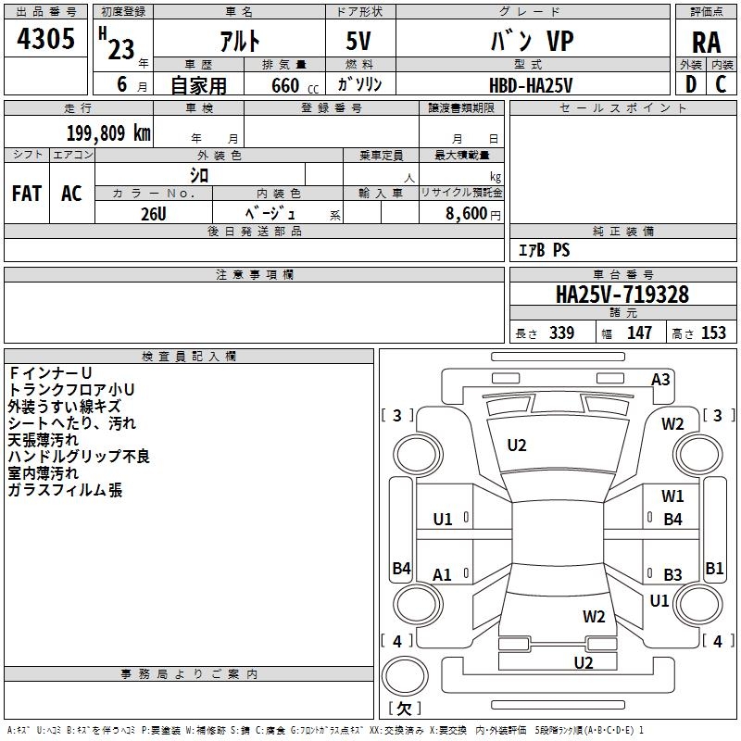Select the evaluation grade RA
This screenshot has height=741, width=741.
pos(706,43)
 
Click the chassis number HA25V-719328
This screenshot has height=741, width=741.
pos(622,295)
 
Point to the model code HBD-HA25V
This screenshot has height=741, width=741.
pos(531,84)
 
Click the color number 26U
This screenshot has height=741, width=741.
pos(153,212)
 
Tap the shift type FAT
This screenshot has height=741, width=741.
pos(26,194)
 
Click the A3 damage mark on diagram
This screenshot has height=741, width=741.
pos(660,379)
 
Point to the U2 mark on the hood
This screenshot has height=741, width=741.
pos(517,446)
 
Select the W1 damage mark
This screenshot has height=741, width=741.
pos(672,496)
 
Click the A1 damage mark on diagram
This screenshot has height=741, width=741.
pos(443,575)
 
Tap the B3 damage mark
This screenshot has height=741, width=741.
pos(672,575)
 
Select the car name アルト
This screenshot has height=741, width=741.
pos(238,43)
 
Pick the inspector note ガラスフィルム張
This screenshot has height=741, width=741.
pos(65,490)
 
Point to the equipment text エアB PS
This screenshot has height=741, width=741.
pos(544,250)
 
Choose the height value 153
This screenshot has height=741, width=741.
pos(713,333)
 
